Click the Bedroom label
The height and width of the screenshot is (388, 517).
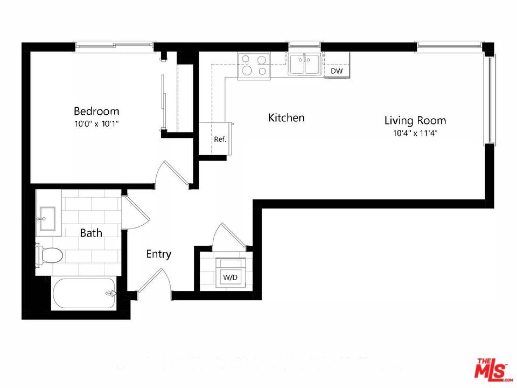tap(96, 111)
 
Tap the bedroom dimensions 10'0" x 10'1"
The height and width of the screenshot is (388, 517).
tap(96, 123)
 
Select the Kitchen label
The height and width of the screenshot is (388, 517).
tap(287, 117)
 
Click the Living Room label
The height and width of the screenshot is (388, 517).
tap(415, 120)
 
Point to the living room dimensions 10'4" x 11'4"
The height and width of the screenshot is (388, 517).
tap(415, 133)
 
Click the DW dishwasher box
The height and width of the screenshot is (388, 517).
tap(337, 71)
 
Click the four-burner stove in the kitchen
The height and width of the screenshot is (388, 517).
tap(254, 65)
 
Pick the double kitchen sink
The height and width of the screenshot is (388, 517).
tap(304, 64)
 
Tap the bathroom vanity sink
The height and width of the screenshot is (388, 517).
tap(47, 218)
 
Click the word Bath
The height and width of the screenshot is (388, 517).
tap(91, 233)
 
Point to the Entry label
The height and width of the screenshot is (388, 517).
tap(159, 254)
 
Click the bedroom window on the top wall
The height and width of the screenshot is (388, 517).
tap(114, 47)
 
